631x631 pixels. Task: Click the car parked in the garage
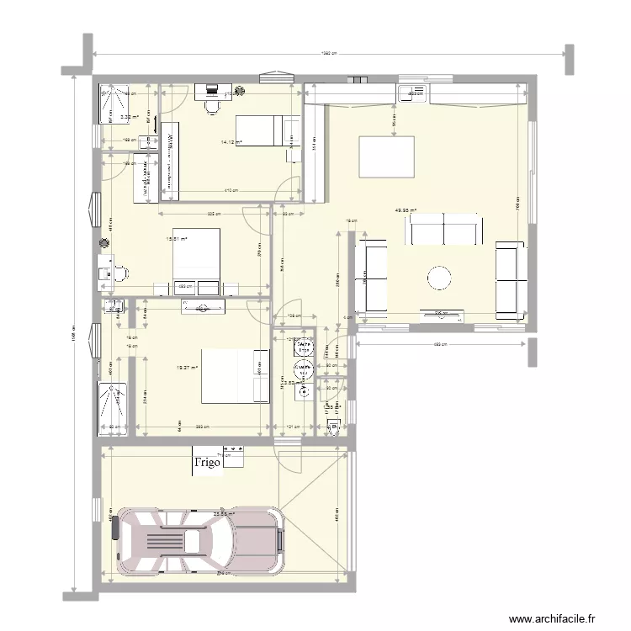pos(199,538)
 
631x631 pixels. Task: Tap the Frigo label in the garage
pos(208,463)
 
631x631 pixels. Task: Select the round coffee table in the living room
pos(440,278)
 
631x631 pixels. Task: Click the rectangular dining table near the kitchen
pos(387,156)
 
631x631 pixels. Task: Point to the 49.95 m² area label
pos(407,211)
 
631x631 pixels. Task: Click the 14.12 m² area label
pos(231,142)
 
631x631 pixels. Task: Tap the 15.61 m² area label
pos(177,238)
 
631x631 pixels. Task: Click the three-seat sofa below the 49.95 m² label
pos(445,228)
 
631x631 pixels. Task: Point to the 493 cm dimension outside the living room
pos(438,344)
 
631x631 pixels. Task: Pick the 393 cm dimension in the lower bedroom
pos(201,428)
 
